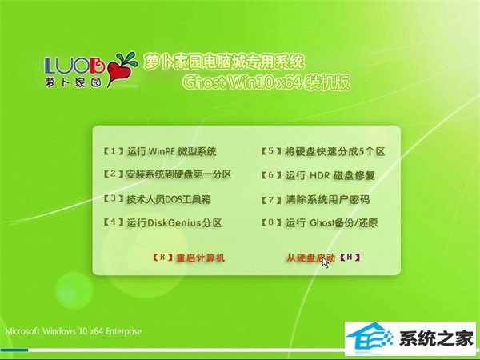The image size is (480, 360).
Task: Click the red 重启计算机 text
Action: [201, 258]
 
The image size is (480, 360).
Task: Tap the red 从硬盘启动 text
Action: [311, 258]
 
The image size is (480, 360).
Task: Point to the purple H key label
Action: [350, 258]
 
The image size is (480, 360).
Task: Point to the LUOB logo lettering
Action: [75, 65]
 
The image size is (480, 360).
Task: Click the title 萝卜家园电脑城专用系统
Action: [224, 62]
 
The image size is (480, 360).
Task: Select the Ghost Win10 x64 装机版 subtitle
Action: [266, 82]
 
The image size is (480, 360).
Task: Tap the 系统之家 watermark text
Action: [437, 339]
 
